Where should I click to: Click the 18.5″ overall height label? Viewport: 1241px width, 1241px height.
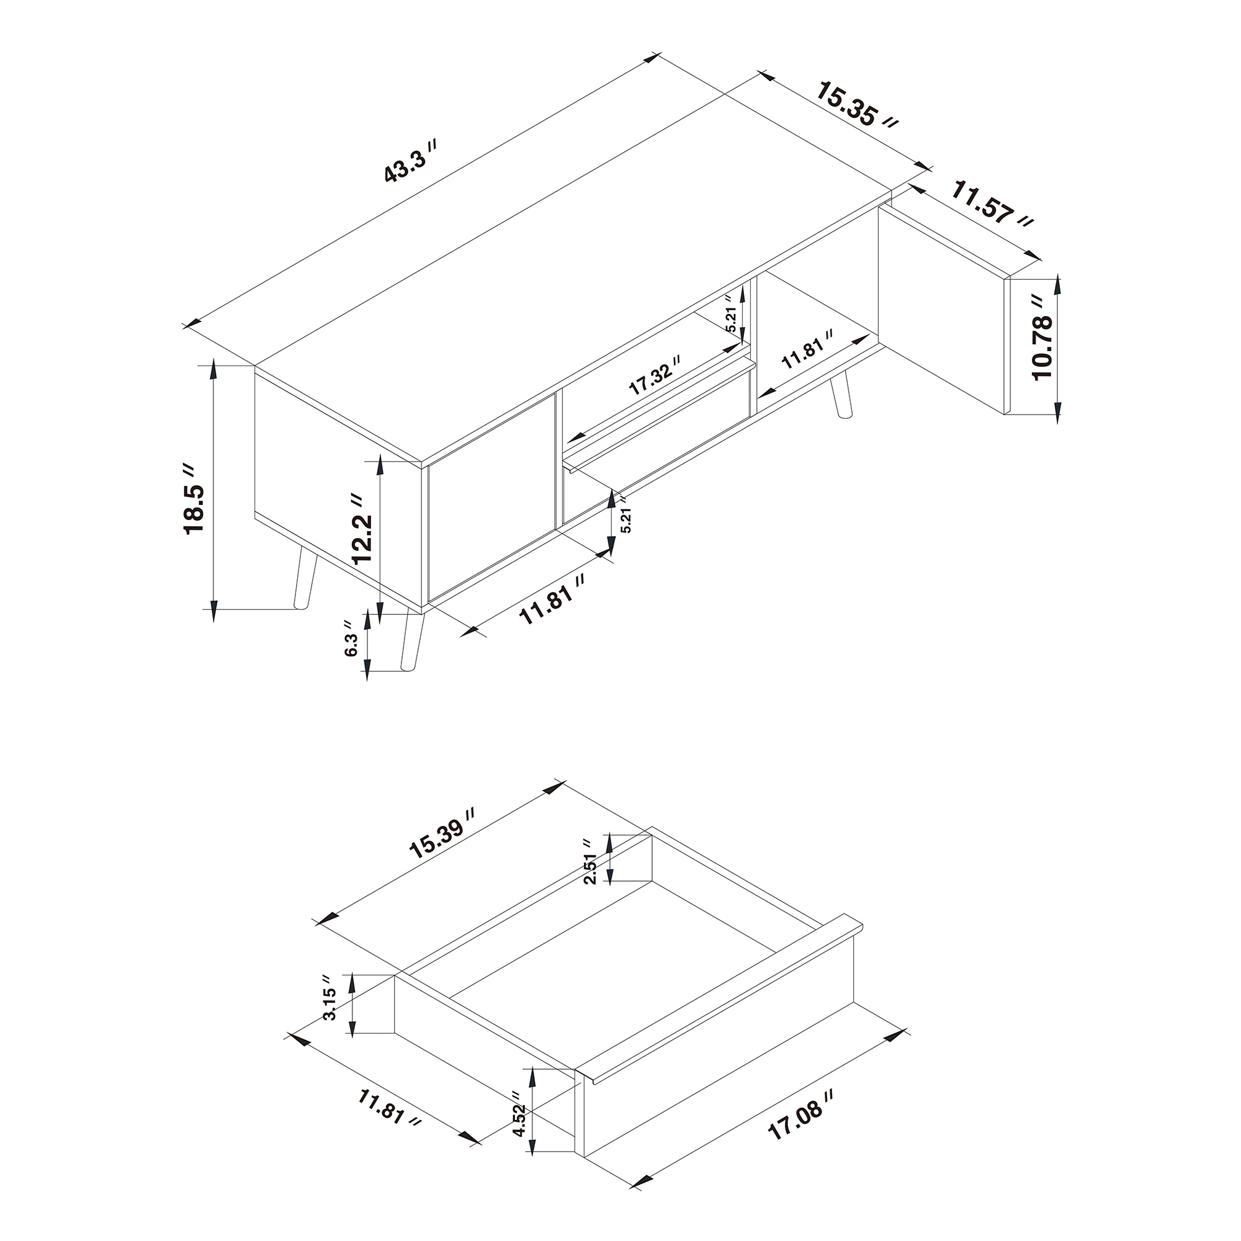click(x=194, y=498)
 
